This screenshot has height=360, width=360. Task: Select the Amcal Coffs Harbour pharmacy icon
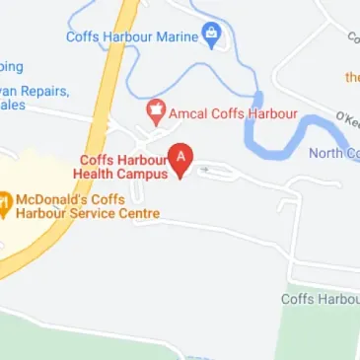pyautogui.click(x=155, y=112)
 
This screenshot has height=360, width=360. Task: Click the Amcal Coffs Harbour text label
pyautogui.click(x=233, y=113)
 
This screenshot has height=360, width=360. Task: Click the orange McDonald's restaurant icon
pyautogui.click(x=3, y=205)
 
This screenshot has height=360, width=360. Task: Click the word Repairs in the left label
pyautogui.click(x=42, y=91)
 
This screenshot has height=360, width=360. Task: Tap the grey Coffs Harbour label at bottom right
pyautogui.click(x=321, y=298)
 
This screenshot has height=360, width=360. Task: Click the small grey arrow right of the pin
pyautogui.click(x=204, y=170)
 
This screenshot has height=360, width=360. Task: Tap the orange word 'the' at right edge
pyautogui.click(x=351, y=77)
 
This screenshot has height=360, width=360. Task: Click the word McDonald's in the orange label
pyautogui.click(x=52, y=199)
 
